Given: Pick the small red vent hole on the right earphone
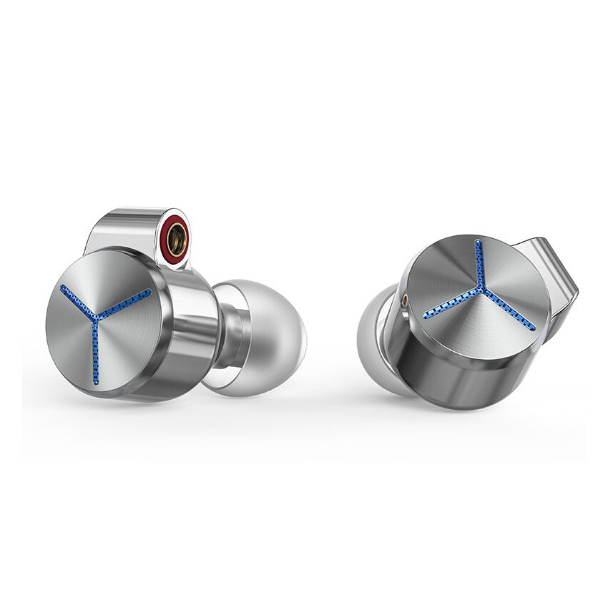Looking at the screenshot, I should [x=406, y=301].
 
